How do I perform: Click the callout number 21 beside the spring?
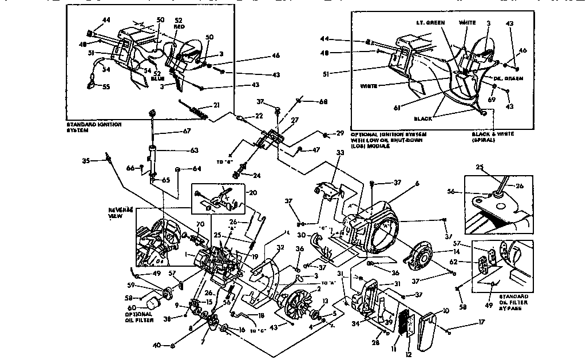tap(217, 105)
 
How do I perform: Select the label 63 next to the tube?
tap(195, 151)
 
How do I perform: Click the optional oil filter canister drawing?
tap(151, 301)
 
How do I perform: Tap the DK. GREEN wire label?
tap(509, 78)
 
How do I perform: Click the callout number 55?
tap(106, 88)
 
